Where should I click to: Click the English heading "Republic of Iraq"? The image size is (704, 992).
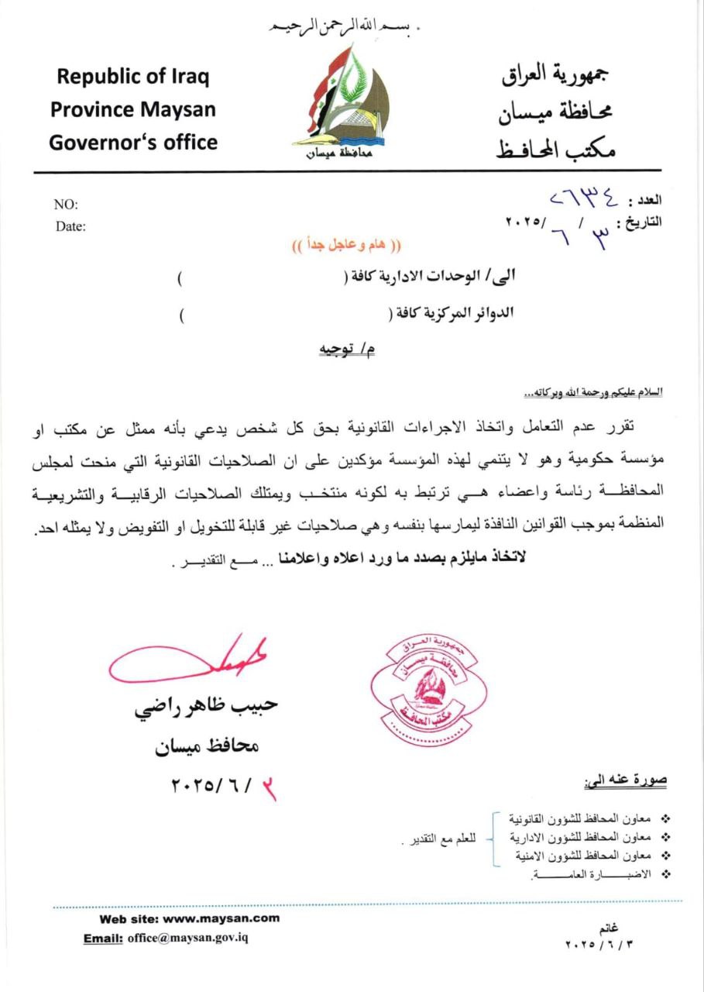coord(133,77)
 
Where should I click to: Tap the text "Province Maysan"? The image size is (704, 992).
coord(133,109)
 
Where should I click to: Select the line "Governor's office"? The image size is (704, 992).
coord(133,143)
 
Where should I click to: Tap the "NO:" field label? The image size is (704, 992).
coord(66,205)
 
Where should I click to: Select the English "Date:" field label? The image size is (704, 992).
coord(70,227)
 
